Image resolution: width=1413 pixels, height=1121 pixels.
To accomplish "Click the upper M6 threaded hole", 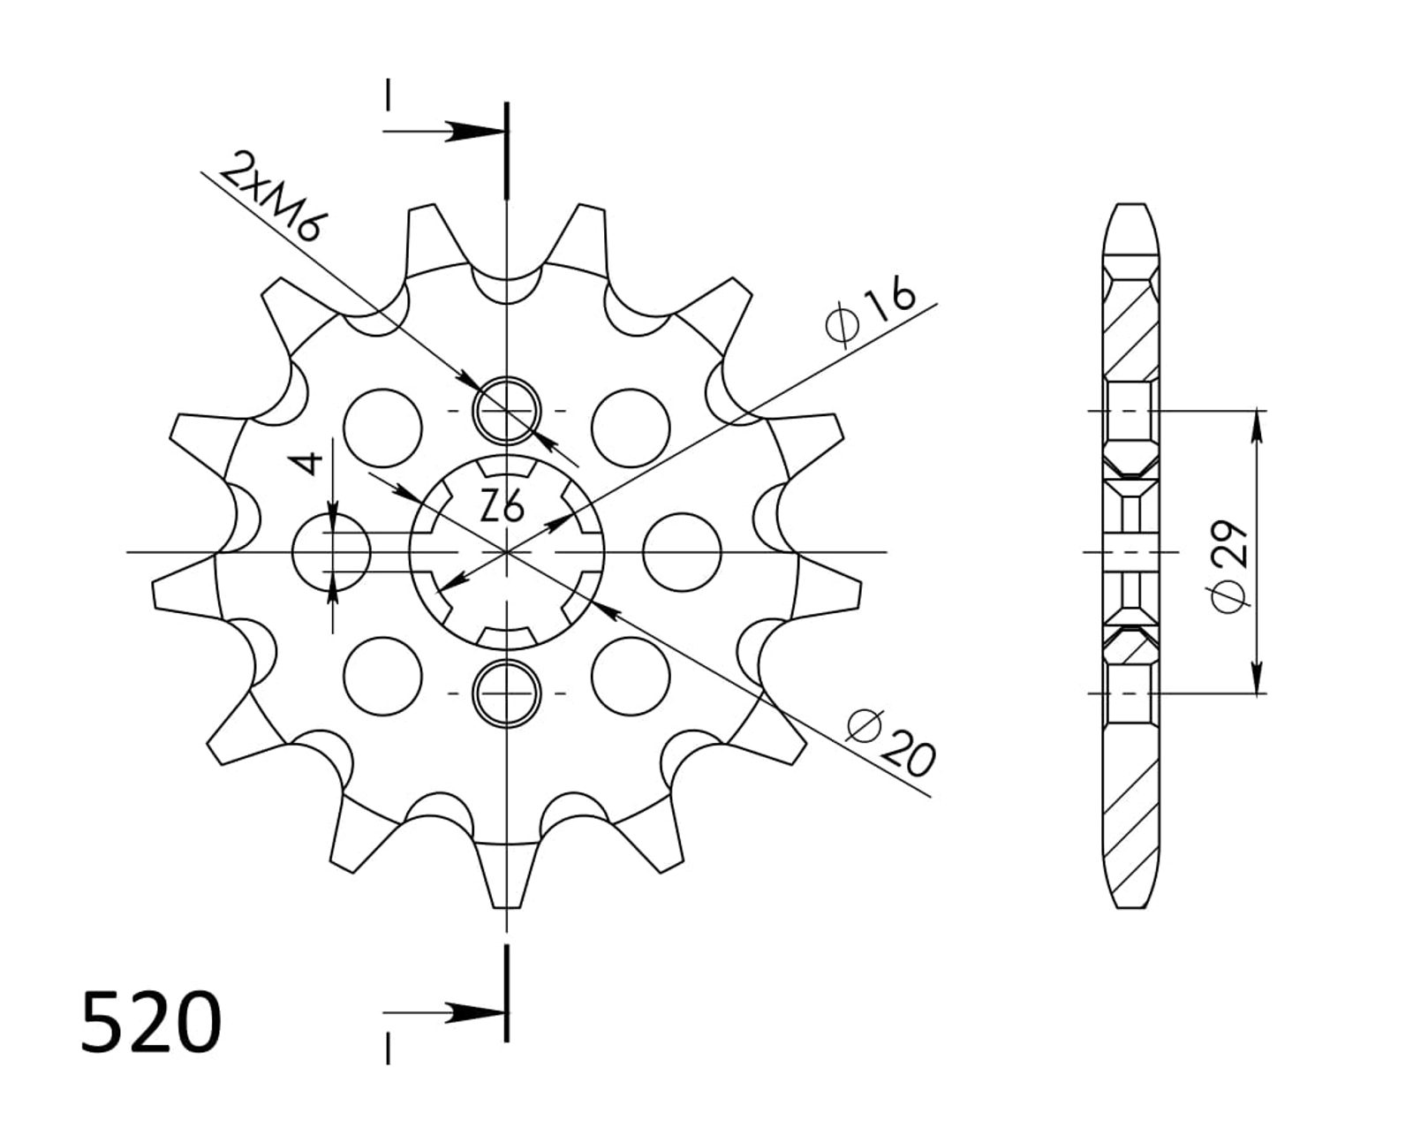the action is [507, 411].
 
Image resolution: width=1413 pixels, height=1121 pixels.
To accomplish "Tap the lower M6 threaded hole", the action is [507, 693].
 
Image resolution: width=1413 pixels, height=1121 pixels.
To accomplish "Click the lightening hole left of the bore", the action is [331, 552].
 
